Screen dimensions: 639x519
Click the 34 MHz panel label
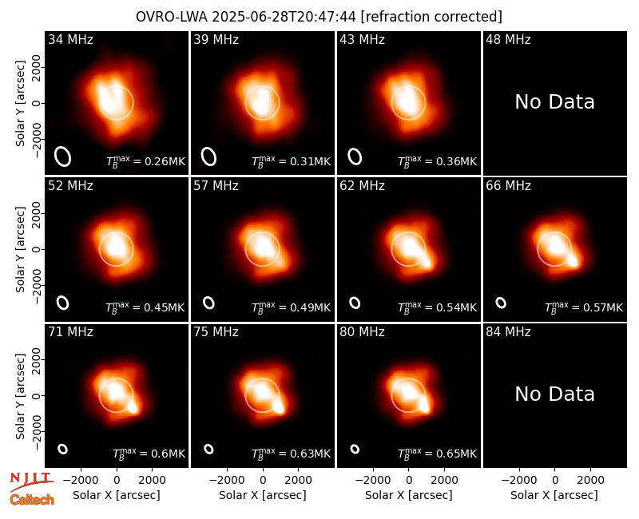70,39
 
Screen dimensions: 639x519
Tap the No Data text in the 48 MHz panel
554,102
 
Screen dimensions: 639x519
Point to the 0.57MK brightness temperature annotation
584,307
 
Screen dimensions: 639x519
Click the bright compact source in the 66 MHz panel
573,261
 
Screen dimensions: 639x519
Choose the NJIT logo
31,481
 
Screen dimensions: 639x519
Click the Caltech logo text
32,500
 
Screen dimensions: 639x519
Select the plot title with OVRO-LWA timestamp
319,17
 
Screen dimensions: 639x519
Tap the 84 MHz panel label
508,331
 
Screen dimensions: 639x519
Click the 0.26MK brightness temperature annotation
146,161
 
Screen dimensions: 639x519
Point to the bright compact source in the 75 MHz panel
279,407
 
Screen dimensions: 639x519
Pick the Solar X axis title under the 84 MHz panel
554,495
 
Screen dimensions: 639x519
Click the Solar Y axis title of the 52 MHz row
21,249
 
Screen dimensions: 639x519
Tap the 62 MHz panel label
362,186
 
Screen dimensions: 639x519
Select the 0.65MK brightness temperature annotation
437,454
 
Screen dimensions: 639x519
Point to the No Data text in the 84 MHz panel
554,394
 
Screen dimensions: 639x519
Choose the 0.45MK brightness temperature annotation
145,307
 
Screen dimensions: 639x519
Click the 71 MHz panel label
70,331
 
